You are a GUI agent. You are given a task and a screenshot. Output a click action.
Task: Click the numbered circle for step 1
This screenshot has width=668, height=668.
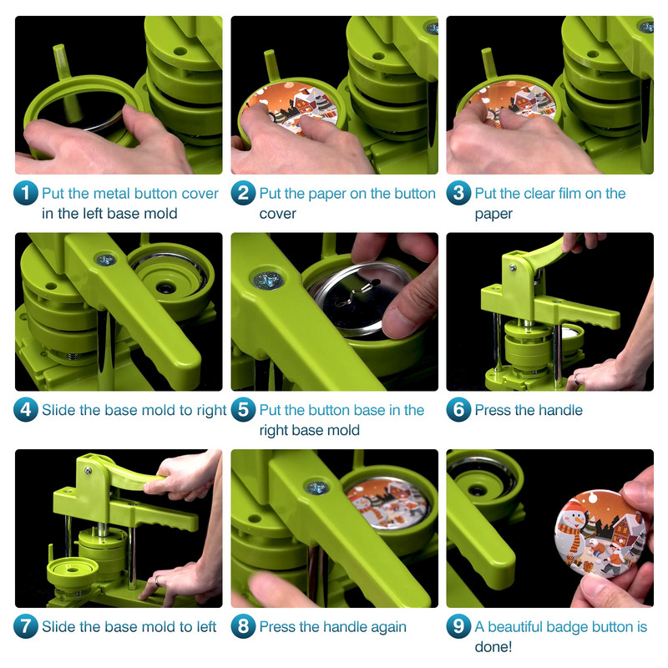coord(26,193)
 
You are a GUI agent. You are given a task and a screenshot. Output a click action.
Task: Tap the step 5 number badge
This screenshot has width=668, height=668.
coord(243,410)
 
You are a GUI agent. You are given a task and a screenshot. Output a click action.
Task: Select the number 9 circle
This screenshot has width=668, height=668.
coord(458,626)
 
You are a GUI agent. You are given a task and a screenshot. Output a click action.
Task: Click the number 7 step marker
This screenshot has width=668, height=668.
coord(26,626)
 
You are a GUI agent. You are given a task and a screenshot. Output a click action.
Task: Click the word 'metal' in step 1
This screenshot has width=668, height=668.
coord(110,194)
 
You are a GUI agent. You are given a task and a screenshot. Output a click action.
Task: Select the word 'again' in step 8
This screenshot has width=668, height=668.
coord(388,628)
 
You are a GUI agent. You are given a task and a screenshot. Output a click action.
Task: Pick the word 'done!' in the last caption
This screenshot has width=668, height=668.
coord(493,646)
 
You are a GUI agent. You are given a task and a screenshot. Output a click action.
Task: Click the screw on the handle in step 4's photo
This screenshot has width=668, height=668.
coord(106,259)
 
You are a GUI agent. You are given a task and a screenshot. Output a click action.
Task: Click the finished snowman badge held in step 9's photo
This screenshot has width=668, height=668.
coord(600,534)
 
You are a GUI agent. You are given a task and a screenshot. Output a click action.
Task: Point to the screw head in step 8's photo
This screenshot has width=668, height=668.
coord(317,488)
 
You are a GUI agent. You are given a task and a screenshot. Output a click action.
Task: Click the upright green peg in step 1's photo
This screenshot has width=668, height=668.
coord(65,81)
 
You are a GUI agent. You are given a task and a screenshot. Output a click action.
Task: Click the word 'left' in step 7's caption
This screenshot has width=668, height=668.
coord(206,627)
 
